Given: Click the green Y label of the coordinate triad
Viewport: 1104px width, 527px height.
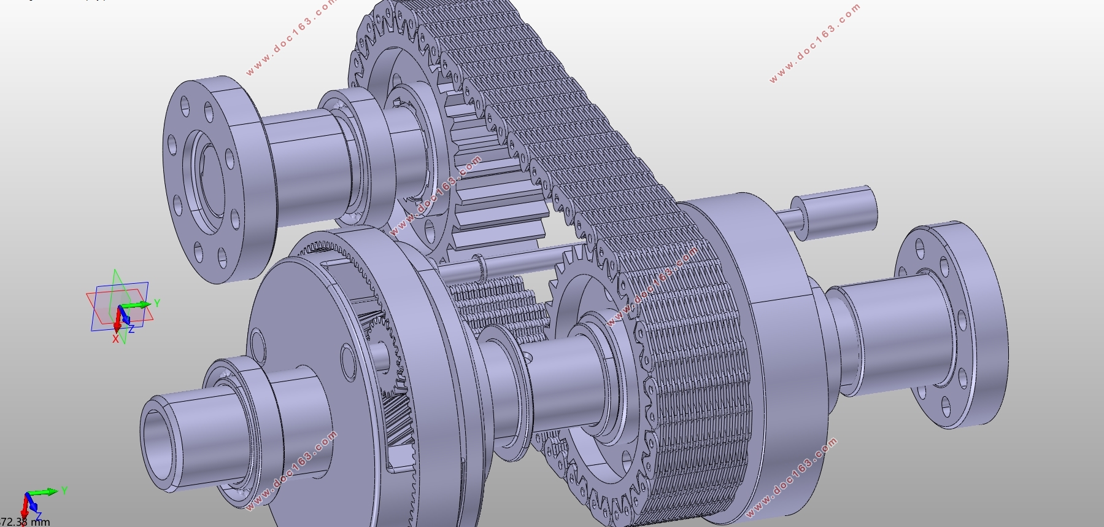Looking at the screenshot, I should [x=157, y=303].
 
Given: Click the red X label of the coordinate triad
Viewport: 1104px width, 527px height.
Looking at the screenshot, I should [x=115, y=338].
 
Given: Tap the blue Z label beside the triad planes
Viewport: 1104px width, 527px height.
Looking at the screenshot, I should [x=131, y=329].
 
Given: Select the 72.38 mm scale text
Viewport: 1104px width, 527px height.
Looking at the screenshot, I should [x=25, y=521].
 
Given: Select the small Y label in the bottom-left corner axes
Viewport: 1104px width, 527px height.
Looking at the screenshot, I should [x=64, y=490].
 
